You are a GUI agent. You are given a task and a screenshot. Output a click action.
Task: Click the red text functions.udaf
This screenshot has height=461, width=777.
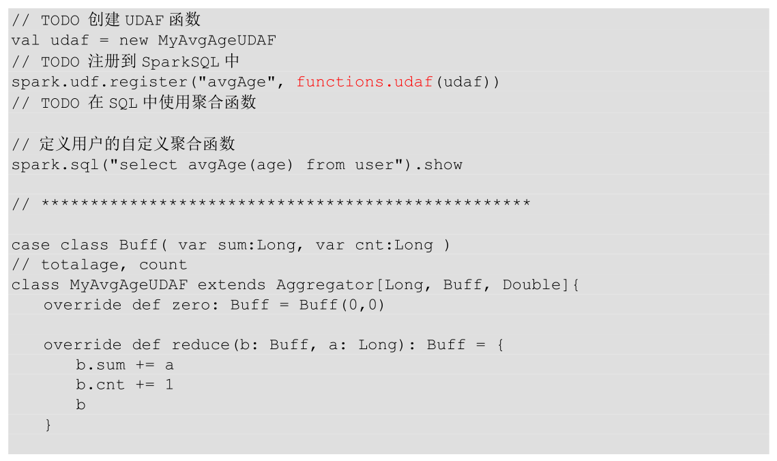click(365, 82)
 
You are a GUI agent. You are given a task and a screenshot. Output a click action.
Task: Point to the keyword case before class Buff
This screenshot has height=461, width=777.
click(31, 245)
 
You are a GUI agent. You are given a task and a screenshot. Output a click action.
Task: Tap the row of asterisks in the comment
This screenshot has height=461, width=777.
click(286, 204)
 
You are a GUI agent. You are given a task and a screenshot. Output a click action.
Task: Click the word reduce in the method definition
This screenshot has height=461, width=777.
click(201, 345)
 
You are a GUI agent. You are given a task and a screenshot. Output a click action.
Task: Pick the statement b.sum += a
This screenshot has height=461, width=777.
click(125, 365)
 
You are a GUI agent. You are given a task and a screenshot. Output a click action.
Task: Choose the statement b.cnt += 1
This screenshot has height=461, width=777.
click(125, 385)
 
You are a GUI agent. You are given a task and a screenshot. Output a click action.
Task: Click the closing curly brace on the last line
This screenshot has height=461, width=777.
click(48, 425)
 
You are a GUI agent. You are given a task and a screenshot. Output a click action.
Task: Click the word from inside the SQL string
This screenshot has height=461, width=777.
click(325, 164)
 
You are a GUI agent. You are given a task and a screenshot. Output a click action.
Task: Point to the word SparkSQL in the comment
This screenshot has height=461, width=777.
click(181, 61)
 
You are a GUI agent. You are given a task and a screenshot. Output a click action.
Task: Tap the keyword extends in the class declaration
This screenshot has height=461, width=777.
click(232, 285)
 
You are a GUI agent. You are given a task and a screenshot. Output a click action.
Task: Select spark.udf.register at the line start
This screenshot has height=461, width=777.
click(85, 82)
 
